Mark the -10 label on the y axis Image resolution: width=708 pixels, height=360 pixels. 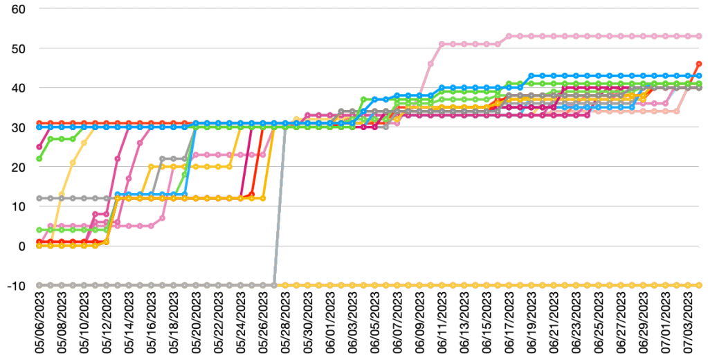[13, 285]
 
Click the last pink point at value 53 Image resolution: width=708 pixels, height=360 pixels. [698, 36]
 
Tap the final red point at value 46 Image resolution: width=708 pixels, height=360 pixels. [698, 64]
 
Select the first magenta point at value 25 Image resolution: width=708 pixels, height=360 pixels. [39, 147]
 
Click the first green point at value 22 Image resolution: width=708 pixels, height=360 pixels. [39, 159]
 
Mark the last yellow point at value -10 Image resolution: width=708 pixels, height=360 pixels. [698, 285]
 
